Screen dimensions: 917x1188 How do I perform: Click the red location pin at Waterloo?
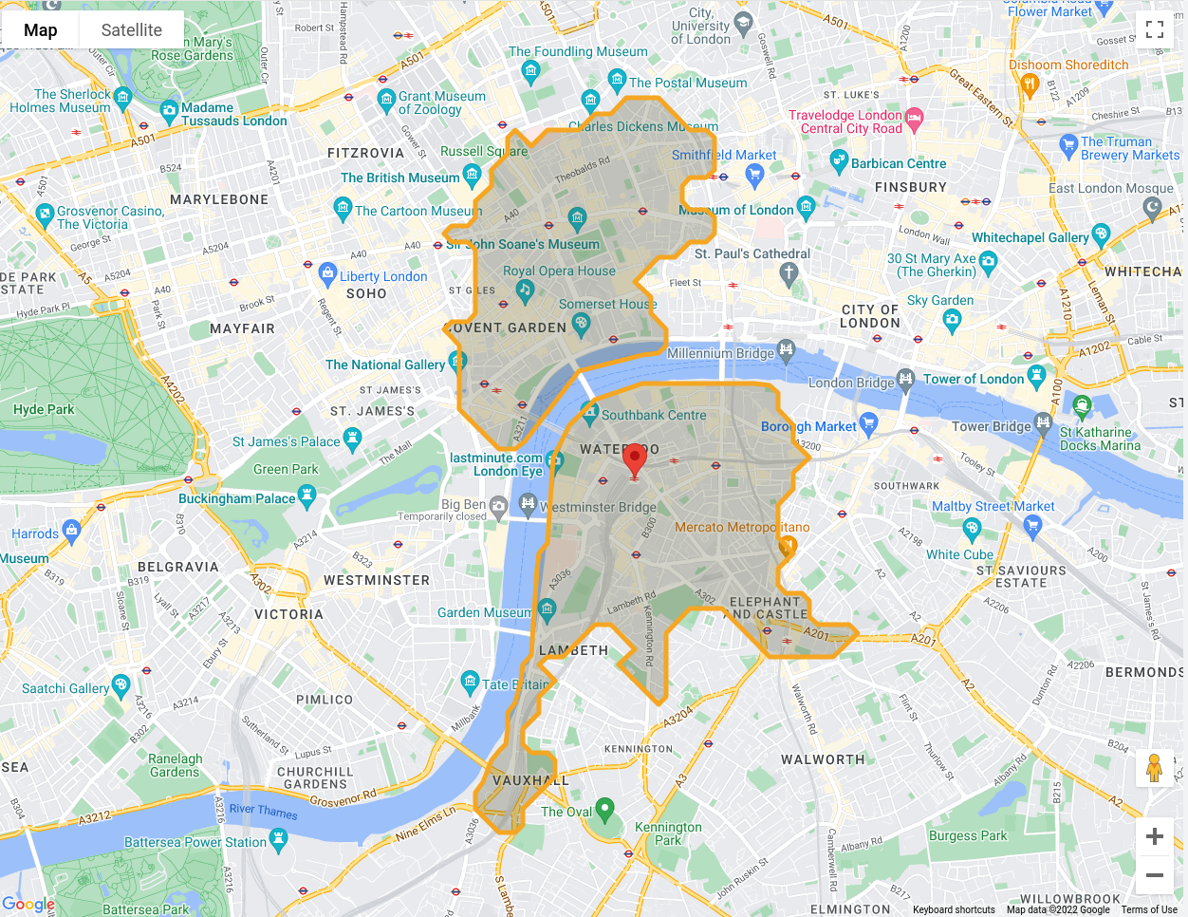pos(634,459)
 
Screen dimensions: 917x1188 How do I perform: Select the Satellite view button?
pos(131,30)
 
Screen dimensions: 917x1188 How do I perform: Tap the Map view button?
pos(40,30)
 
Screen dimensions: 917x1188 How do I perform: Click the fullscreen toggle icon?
pos(1154,29)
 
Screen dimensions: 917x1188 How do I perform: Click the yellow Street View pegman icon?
pos(1154,768)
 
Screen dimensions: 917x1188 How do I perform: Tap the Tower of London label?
pos(974,379)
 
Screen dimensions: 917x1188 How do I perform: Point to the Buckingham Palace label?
pos(236,498)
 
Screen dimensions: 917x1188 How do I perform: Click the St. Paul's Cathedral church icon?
pos(789,274)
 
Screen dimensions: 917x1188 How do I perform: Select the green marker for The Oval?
pos(604,810)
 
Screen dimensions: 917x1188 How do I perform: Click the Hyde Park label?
pos(44,409)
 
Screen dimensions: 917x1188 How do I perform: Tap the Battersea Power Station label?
pos(195,842)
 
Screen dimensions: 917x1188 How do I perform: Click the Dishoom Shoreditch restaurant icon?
pos(1030,85)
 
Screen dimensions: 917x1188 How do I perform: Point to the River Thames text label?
pos(263,811)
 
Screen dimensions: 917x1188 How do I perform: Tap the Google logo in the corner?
pos(28,905)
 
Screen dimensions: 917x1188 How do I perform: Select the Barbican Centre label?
pos(898,163)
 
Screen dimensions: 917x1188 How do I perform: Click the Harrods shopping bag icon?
pos(71,529)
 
